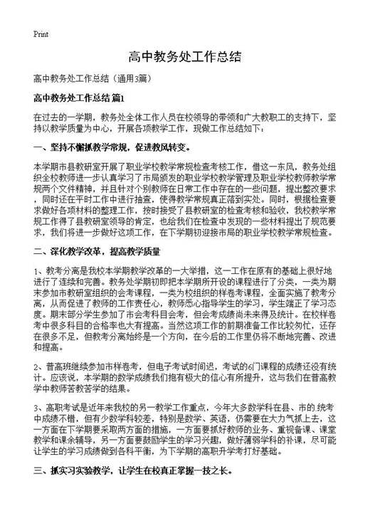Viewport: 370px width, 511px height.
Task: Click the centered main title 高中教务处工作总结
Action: (184, 57)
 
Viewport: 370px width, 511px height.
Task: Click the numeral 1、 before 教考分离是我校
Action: (38, 270)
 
